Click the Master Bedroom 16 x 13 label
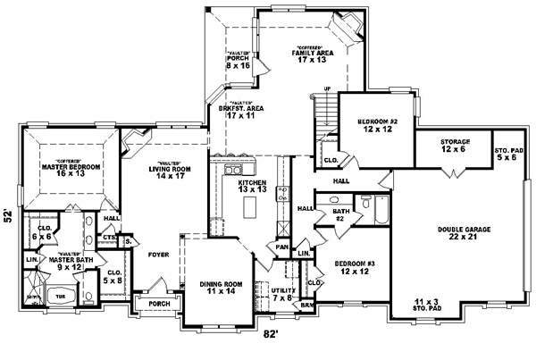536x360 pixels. point(71,170)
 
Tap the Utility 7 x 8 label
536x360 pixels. point(270,293)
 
